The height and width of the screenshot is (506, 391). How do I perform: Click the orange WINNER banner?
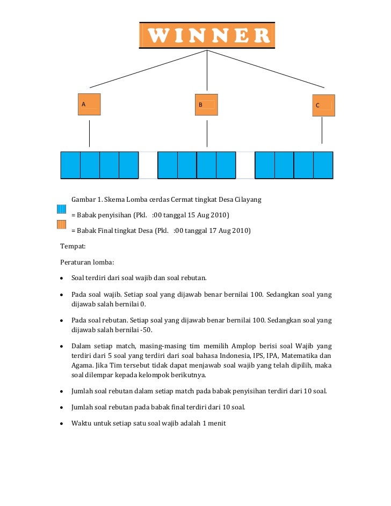[207, 35]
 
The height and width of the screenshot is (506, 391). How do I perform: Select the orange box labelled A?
[89, 105]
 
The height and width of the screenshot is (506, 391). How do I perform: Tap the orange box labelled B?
[207, 105]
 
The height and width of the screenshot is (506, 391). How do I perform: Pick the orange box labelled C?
[323, 106]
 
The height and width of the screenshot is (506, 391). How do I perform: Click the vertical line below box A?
[89, 133]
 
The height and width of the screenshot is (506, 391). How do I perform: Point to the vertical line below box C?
[322, 130]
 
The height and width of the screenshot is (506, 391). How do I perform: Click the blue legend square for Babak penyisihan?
[62, 209]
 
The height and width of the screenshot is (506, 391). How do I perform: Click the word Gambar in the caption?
[84, 200]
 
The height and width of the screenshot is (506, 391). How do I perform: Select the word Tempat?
[73, 247]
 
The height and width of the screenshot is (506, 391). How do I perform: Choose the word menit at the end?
[216, 423]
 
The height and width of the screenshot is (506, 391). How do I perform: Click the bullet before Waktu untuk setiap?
[63, 423]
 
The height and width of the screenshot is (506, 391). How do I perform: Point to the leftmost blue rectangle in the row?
[70, 165]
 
